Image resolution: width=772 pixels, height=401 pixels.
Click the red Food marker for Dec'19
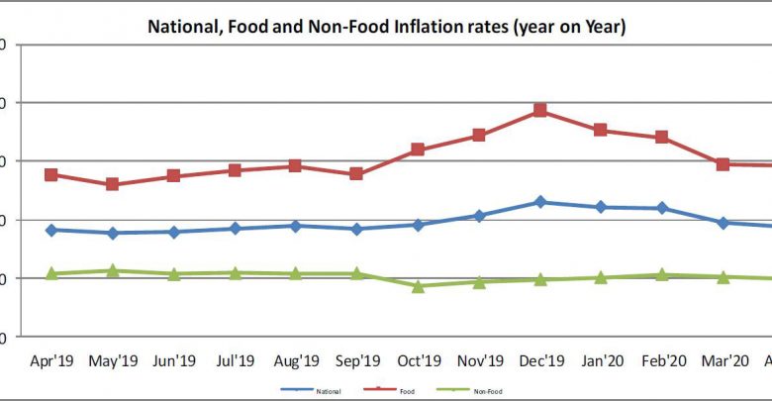(540, 110)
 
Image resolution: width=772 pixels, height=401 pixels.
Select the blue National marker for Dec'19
(540, 202)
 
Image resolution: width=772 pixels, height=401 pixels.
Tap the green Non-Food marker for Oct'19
(418, 286)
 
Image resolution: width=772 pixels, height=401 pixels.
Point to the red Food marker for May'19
(113, 184)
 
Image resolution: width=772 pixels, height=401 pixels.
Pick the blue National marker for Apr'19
(51, 230)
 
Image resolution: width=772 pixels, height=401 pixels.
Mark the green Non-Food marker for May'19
(113, 270)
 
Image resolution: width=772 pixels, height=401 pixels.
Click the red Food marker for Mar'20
(724, 163)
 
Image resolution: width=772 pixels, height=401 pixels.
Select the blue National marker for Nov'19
(479, 215)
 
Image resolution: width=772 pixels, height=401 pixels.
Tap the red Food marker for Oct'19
(418, 150)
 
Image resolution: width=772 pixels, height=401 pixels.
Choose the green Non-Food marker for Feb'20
(662, 274)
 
